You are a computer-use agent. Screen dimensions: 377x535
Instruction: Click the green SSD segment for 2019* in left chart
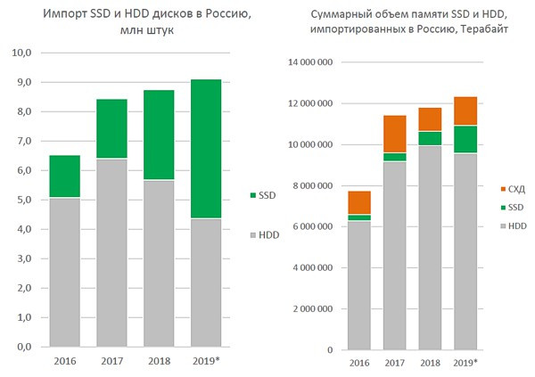coord(205,149)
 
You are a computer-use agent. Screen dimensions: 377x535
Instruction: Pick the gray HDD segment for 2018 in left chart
coord(159,263)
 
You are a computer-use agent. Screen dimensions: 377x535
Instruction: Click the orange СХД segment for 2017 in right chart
coord(395,134)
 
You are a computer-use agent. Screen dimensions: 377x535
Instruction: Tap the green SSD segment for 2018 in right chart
coord(431,138)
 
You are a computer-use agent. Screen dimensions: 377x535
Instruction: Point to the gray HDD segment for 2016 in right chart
coord(359,284)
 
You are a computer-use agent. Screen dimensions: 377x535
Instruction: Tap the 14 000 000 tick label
coord(308,63)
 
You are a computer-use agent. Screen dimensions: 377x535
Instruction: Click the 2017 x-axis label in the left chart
coord(111,362)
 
